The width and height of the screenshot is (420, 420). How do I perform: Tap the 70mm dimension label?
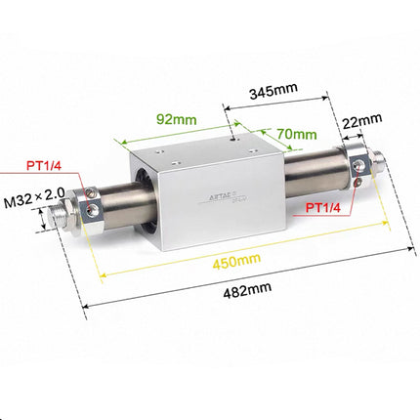tap(297, 134)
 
